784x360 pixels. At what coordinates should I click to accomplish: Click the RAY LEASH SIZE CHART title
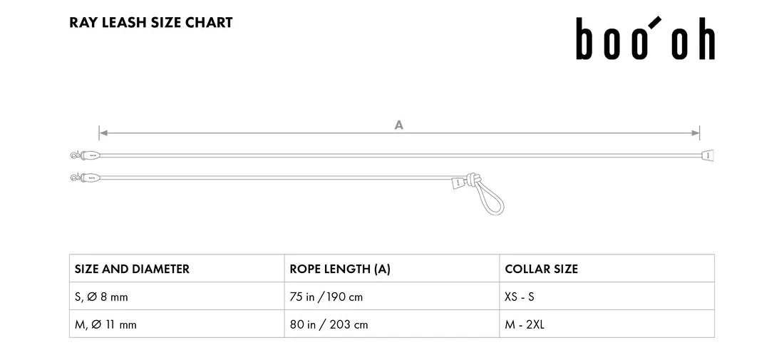point(151,23)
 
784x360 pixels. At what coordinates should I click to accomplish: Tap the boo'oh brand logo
point(646,38)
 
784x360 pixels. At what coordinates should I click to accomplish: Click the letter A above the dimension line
point(398,125)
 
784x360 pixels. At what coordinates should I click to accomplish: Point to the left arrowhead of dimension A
point(103,133)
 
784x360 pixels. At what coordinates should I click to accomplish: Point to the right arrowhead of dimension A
point(696,133)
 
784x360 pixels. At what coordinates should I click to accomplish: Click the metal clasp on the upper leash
point(76,155)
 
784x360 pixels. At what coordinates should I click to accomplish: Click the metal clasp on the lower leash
point(76,177)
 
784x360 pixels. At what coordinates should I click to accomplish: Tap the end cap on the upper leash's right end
point(707,155)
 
